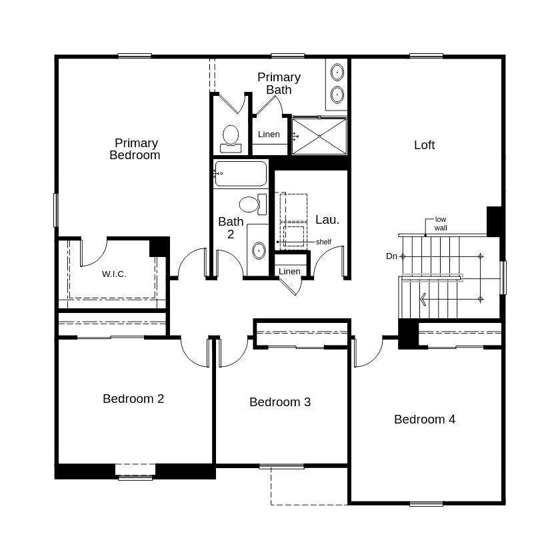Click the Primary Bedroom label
coord(135,149)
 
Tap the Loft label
coord(424,145)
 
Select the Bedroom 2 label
coord(133,399)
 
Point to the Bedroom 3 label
coord(280,402)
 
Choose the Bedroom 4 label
coord(425,420)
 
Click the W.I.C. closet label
coord(114,274)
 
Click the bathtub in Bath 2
coord(241,174)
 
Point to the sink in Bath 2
coord(258,251)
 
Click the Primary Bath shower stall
coord(319,137)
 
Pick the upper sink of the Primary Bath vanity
coord(337,72)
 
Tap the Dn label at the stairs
coord(392,256)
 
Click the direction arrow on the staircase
coord(423,300)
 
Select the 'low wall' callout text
coord(441,224)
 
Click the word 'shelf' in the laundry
coord(323,242)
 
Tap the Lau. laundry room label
coord(327,220)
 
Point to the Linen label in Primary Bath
coord(269,135)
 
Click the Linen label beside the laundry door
coord(289,272)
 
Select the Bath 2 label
coord(231,228)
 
